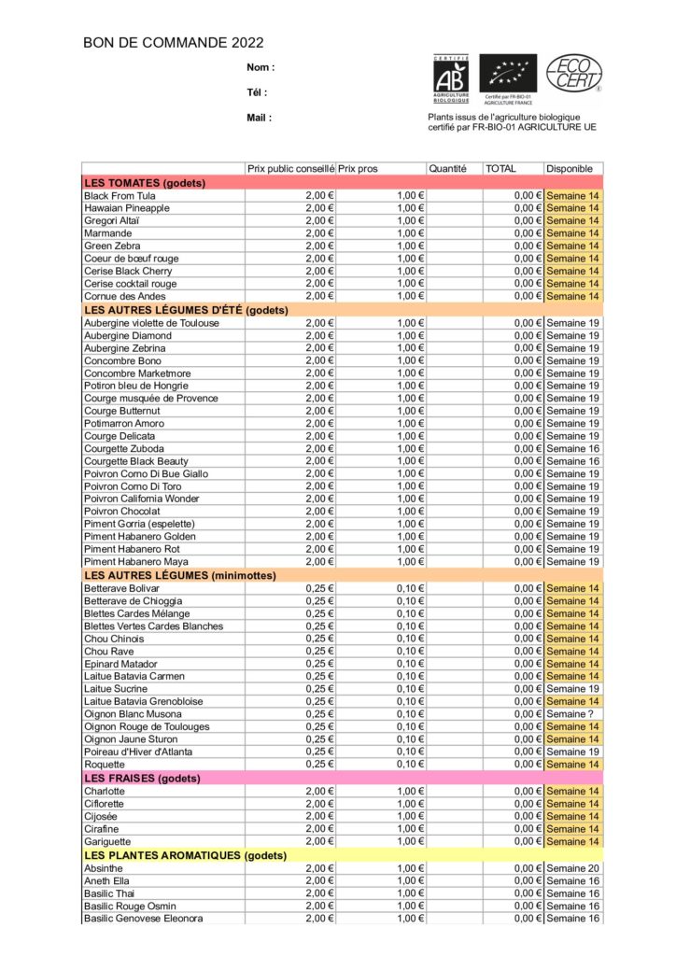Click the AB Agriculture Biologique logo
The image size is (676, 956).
(x=451, y=77)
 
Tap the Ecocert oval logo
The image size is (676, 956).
(x=573, y=74)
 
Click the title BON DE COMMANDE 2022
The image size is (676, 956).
(x=174, y=42)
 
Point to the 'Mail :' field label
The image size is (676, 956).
(x=260, y=118)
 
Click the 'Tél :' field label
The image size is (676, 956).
(x=257, y=92)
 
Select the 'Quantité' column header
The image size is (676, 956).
(x=447, y=169)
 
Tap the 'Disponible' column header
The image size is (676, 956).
(x=570, y=169)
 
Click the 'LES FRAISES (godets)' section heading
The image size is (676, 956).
(x=142, y=778)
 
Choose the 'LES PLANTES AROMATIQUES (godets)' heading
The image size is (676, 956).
(x=185, y=855)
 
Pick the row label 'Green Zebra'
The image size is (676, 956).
(x=113, y=246)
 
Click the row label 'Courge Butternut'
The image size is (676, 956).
(x=121, y=411)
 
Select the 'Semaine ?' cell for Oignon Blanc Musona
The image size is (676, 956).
(x=571, y=714)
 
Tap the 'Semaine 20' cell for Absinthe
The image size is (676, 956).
(x=573, y=868)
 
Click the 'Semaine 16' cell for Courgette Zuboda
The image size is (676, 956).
(x=573, y=448)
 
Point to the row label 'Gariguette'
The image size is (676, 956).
(x=109, y=841)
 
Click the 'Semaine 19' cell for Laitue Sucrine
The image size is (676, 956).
(x=573, y=689)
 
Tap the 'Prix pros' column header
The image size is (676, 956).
(x=358, y=169)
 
